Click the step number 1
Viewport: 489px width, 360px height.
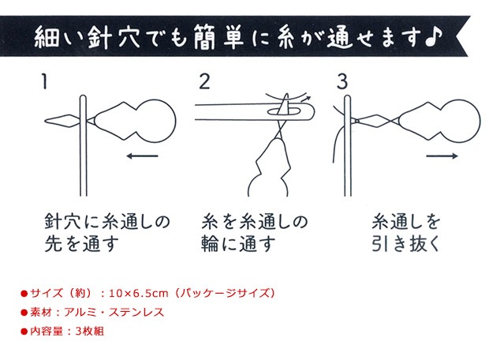[47, 81]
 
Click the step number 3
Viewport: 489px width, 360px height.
[342, 81]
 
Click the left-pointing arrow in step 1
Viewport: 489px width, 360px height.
[143, 156]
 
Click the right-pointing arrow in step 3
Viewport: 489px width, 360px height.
[441, 156]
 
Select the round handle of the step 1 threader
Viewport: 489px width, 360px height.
[148, 118]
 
